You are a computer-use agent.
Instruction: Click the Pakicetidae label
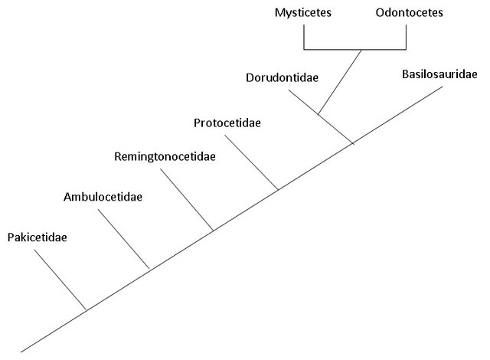coord(37,237)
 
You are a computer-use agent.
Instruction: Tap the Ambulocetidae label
coord(103,197)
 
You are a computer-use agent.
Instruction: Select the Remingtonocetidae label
coord(164,157)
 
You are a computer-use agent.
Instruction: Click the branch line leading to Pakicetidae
coord(60,280)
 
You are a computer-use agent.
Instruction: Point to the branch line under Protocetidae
coord(251,162)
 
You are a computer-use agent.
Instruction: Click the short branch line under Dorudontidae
coord(304,103)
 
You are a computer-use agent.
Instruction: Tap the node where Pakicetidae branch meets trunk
coord(86,309)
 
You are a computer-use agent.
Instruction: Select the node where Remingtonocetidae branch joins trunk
coord(213,230)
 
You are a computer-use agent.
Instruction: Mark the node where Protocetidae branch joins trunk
coord(277,189)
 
